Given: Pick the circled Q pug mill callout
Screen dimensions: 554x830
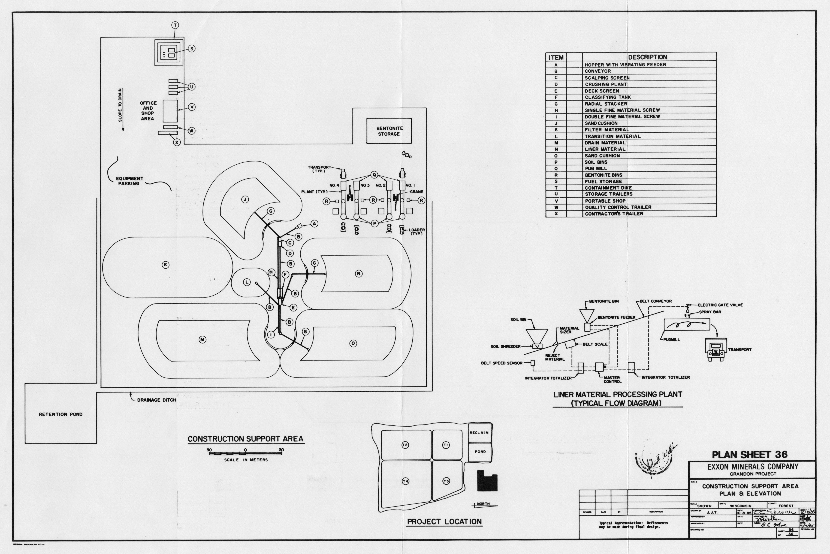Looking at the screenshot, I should (x=374, y=175).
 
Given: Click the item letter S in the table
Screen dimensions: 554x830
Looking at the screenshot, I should (x=556, y=181).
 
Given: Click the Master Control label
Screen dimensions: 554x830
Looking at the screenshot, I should (x=612, y=379).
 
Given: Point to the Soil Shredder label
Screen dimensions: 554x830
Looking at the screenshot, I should (x=505, y=347).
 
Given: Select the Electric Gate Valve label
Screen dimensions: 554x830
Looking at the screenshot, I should (x=720, y=305).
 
